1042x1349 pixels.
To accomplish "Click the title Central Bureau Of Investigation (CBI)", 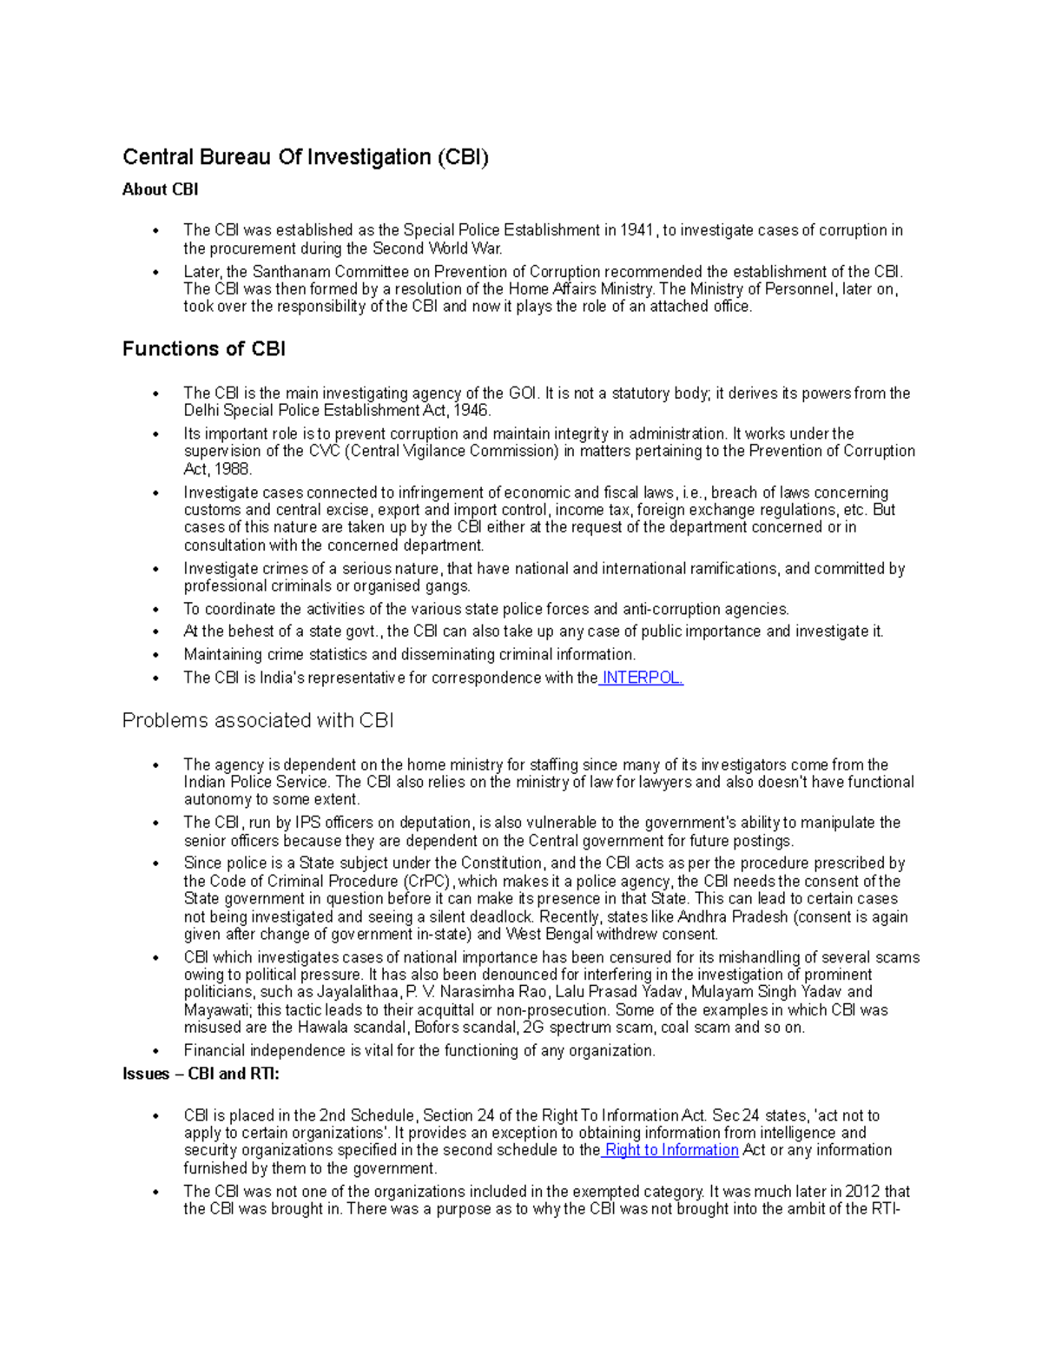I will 306,157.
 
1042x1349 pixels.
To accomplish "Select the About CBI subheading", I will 161,189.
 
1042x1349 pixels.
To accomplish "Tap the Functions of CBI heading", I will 204,349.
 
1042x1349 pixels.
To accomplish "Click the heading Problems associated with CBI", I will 258,720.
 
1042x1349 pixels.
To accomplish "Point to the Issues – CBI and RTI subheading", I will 201,1074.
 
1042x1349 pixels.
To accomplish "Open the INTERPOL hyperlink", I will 642,678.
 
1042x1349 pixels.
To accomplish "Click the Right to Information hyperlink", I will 671,1150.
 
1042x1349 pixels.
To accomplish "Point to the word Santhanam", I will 292,272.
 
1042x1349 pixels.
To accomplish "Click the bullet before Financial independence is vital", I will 155,1051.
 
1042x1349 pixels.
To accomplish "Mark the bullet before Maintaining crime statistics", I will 155,655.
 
